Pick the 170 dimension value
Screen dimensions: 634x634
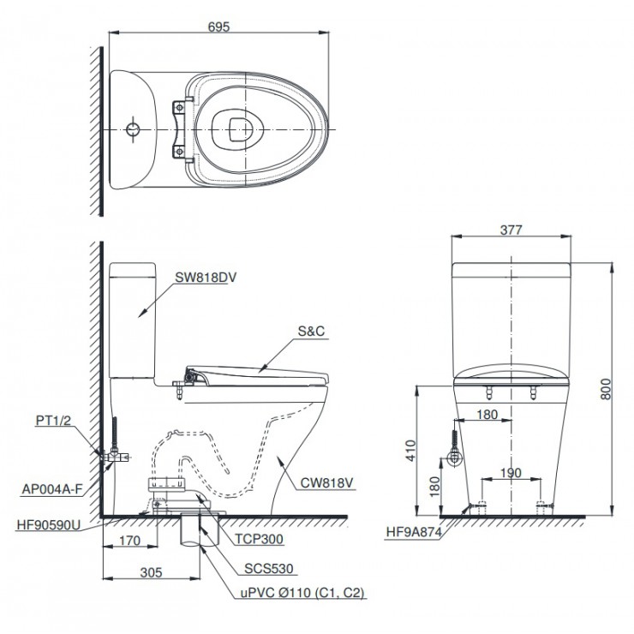(x=130, y=541)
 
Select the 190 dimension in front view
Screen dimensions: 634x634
(x=510, y=473)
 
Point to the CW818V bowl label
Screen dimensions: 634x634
(x=326, y=482)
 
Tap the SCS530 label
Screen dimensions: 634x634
(x=264, y=567)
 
